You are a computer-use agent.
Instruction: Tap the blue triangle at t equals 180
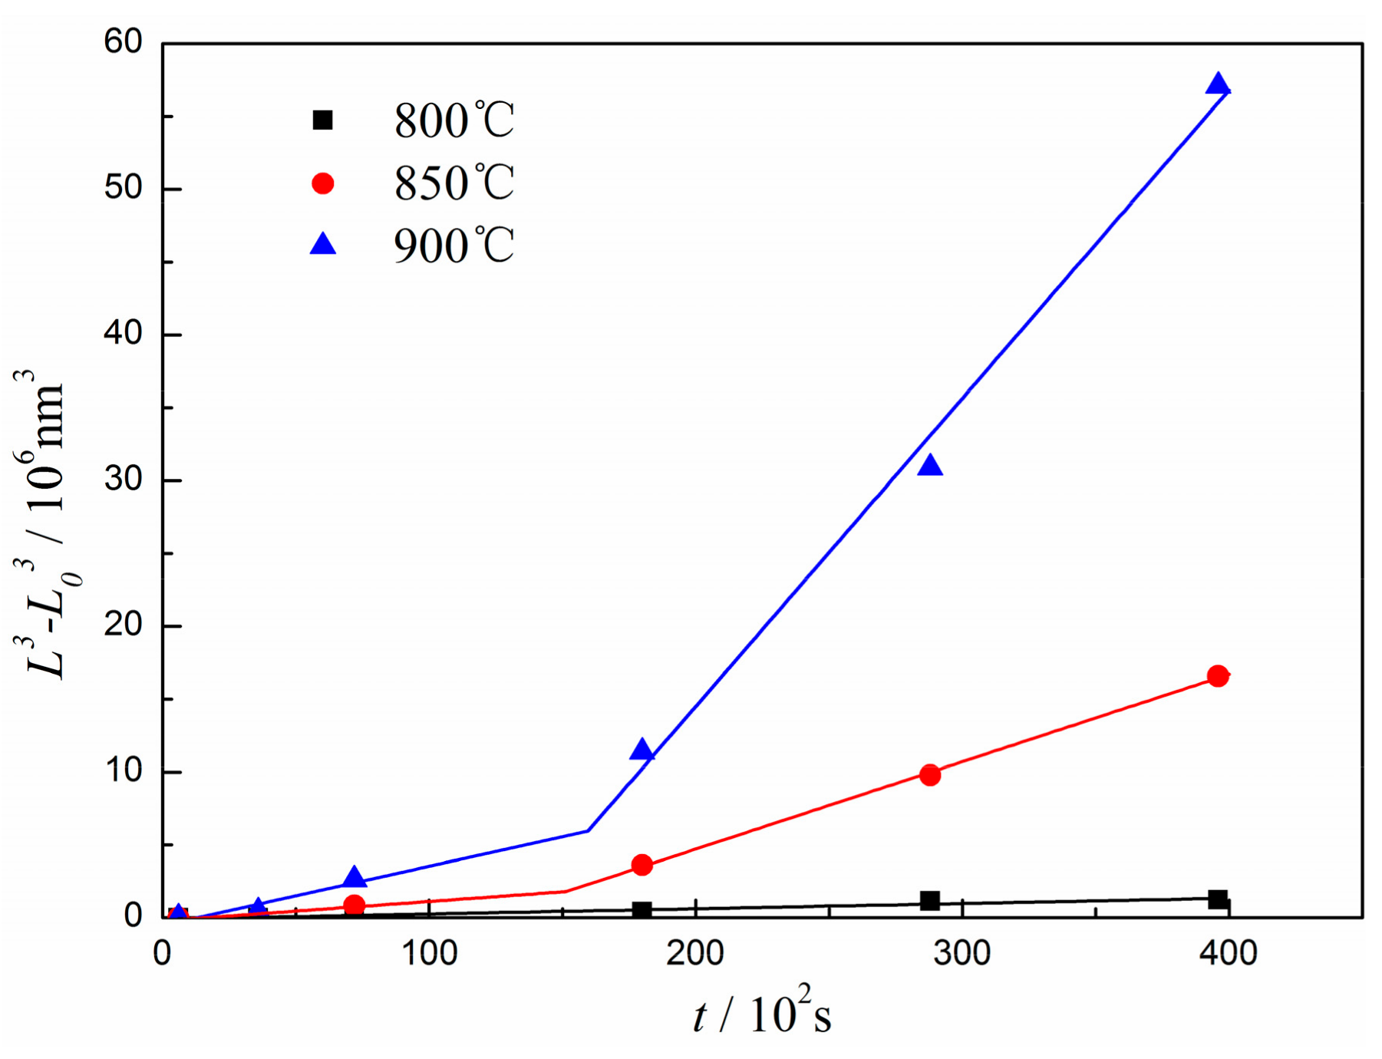tap(642, 750)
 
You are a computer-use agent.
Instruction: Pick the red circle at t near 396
tap(1218, 676)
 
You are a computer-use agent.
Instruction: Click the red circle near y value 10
tap(930, 775)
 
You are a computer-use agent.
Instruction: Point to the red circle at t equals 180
tap(642, 866)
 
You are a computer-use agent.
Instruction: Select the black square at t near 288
tap(930, 900)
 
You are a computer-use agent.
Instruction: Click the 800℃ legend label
tap(454, 120)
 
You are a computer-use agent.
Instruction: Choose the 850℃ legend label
tap(454, 183)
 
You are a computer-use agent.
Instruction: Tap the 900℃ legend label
tap(454, 246)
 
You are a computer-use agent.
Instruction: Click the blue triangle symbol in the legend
tap(323, 245)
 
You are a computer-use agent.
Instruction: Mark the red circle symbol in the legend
tap(323, 183)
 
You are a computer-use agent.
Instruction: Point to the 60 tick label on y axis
tap(124, 41)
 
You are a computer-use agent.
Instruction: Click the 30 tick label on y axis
tap(124, 479)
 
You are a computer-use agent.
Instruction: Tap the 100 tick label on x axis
tap(429, 954)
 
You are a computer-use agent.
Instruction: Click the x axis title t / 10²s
tap(762, 1014)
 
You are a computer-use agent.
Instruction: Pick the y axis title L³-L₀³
tap(48, 529)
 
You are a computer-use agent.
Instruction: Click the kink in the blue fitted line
tap(588, 830)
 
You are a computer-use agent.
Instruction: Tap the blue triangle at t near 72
tap(355, 877)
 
